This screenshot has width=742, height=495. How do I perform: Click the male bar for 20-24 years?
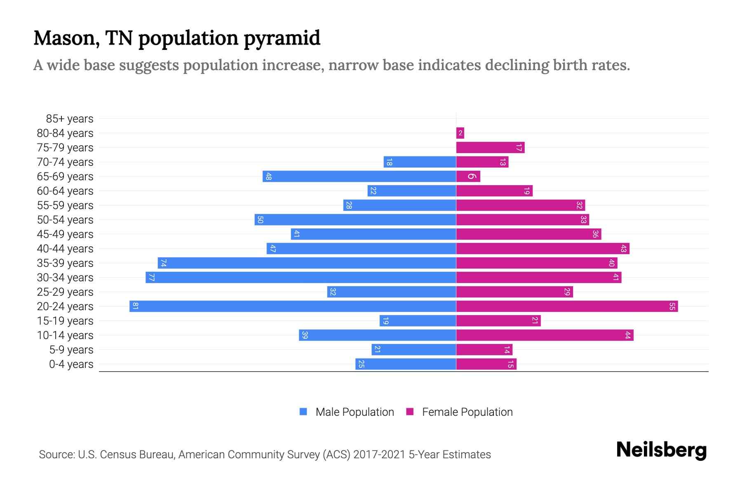point(293,306)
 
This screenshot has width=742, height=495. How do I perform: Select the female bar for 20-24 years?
point(567,306)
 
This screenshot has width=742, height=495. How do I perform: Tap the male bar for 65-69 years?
point(359,176)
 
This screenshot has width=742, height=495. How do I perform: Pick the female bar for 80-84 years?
point(460,133)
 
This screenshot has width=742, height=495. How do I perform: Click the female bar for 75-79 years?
point(490,147)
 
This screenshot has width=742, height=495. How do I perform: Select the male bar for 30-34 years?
point(301,277)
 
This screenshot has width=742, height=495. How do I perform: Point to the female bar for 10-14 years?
point(545,335)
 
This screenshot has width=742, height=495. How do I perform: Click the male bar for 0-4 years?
point(406,364)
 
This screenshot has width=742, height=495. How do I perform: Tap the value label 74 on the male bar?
point(163,263)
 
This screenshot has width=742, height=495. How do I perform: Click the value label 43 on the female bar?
point(623,248)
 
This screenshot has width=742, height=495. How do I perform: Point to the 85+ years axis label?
point(70,119)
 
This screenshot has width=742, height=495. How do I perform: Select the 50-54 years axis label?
point(65,220)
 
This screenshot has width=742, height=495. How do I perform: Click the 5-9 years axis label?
point(71,350)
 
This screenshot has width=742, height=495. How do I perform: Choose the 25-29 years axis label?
point(65,292)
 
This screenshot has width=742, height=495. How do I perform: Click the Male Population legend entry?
point(355,412)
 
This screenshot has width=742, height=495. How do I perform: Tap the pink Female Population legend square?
point(410,412)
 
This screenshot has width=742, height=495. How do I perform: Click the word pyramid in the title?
point(282,38)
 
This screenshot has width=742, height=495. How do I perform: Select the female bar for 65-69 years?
point(468,176)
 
